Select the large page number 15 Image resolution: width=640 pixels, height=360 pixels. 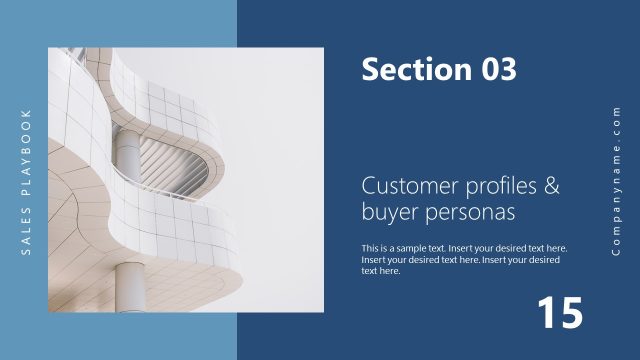coord(559,313)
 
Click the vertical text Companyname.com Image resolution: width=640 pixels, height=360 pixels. coord(616,179)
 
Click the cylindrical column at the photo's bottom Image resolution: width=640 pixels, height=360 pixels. coord(131,284)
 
